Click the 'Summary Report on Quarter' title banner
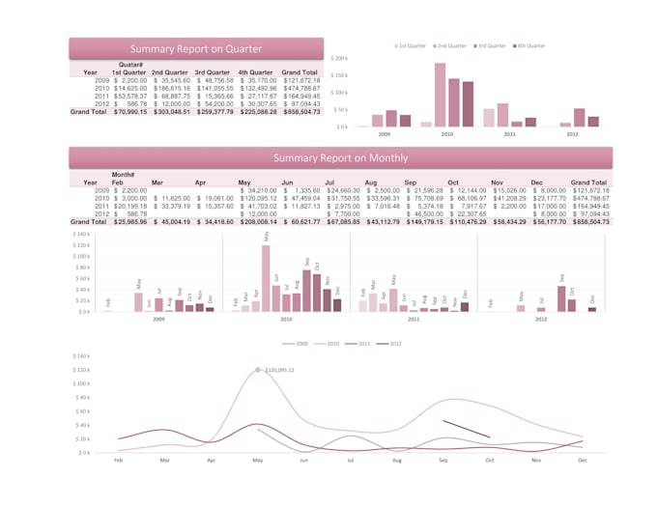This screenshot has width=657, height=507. point(196,48)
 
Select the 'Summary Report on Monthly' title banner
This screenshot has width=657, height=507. point(340,157)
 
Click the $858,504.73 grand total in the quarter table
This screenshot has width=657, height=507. point(300,112)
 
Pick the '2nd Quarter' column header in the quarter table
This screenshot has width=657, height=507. point(171,71)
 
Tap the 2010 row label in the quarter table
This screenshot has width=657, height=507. point(101,88)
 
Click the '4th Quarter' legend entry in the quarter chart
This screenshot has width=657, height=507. point(529,45)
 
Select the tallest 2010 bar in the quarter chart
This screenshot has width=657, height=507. point(440,95)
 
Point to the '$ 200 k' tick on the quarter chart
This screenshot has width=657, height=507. point(339,58)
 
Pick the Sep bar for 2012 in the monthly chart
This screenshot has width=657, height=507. point(561,298)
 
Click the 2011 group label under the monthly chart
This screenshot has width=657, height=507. point(413,318)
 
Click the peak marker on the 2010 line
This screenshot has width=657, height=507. point(258,370)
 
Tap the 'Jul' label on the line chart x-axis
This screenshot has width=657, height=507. point(350,462)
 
